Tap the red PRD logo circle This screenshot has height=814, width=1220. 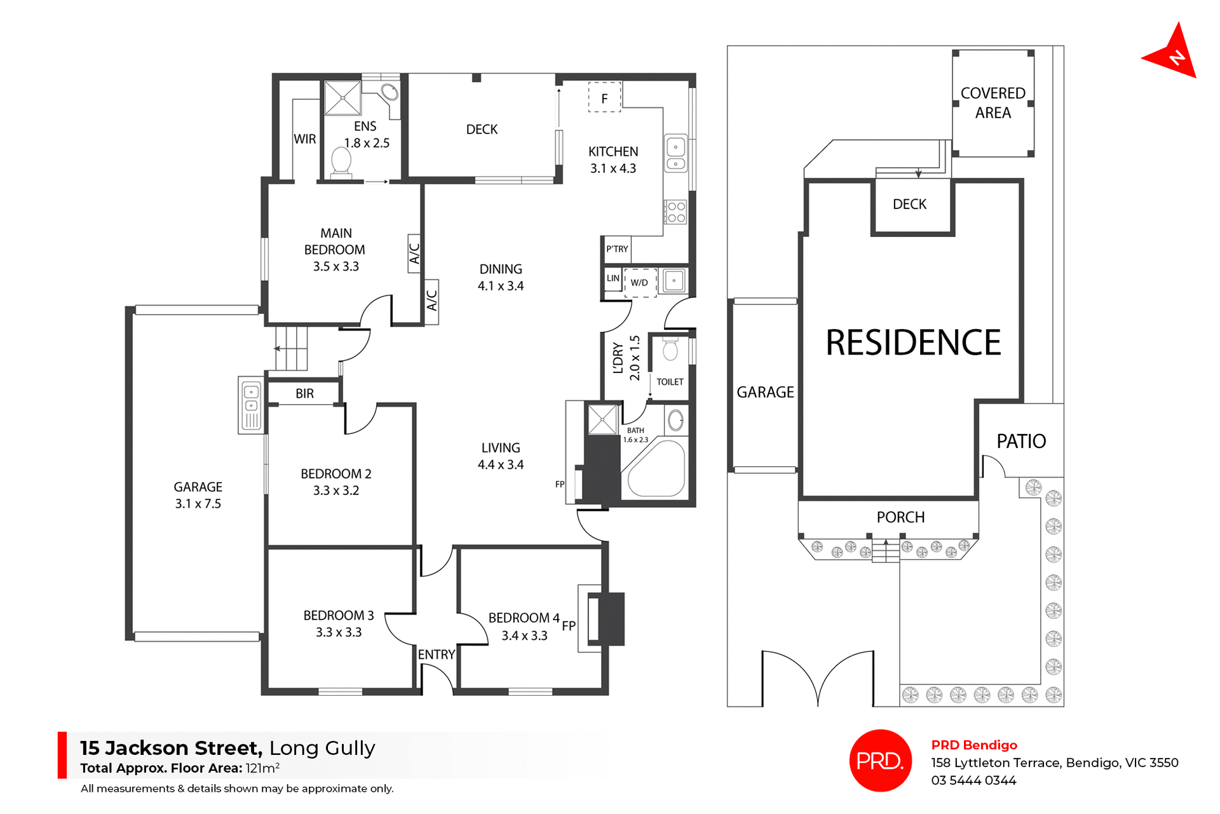point(880,760)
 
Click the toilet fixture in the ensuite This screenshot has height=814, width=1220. point(341,162)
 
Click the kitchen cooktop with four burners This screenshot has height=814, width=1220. point(675,212)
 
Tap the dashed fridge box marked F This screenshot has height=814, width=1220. point(604,98)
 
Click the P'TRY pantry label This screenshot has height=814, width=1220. point(616,249)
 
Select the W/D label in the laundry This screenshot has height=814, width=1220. point(639,283)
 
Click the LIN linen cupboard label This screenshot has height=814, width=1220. point(613,278)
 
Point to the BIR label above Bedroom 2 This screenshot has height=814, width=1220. point(304,393)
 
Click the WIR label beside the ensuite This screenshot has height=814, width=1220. point(304,139)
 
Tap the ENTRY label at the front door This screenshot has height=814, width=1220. point(436,655)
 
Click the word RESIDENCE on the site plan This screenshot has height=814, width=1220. point(912,343)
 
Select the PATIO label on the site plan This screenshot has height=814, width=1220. point(1020,441)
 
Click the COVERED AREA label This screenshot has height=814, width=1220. point(993,103)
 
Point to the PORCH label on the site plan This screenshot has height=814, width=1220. point(900,517)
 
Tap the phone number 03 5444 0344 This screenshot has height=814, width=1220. point(973,780)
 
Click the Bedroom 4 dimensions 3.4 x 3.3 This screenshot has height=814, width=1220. point(524,635)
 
